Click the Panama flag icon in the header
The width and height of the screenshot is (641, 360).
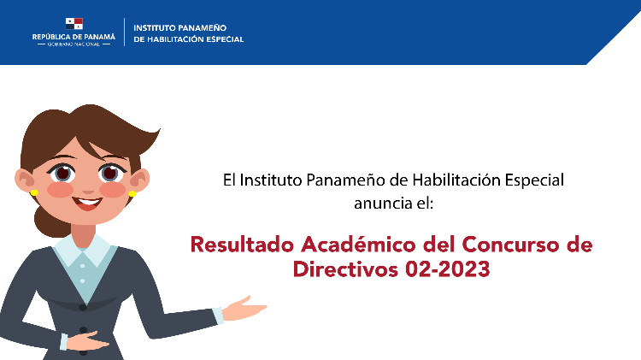click(74, 24)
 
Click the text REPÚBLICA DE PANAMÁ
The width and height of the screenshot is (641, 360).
click(74, 37)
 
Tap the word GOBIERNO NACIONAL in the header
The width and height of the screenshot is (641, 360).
click(74, 44)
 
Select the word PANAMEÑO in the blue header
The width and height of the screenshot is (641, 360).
click(203, 28)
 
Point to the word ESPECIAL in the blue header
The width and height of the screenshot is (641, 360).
click(225, 39)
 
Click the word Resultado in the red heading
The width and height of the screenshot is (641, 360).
click(242, 245)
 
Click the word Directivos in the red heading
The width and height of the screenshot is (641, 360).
click(346, 269)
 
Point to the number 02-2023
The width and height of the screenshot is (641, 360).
click(448, 269)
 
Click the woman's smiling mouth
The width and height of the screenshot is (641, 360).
click(87, 203)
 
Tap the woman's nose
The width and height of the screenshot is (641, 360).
click(88, 190)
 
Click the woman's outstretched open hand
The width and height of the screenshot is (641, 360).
click(244, 308)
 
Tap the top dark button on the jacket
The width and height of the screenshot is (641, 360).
click(83, 307)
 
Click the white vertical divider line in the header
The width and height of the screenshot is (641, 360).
click(124, 32)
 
